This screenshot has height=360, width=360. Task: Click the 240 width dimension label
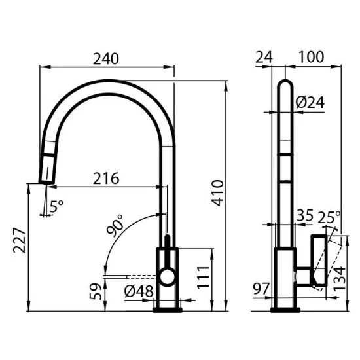coord(105,58)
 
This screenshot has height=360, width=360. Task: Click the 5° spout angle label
coord(57,205)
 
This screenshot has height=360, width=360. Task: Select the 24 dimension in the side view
coord(265,57)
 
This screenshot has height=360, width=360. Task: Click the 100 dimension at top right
coord(311,57)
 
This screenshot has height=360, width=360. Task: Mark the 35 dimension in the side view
coord(305,215)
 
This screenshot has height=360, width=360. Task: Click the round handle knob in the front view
coord(168,278)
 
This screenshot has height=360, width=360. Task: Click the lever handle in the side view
coord(318,259)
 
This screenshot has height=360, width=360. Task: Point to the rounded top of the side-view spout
coord(286,86)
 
